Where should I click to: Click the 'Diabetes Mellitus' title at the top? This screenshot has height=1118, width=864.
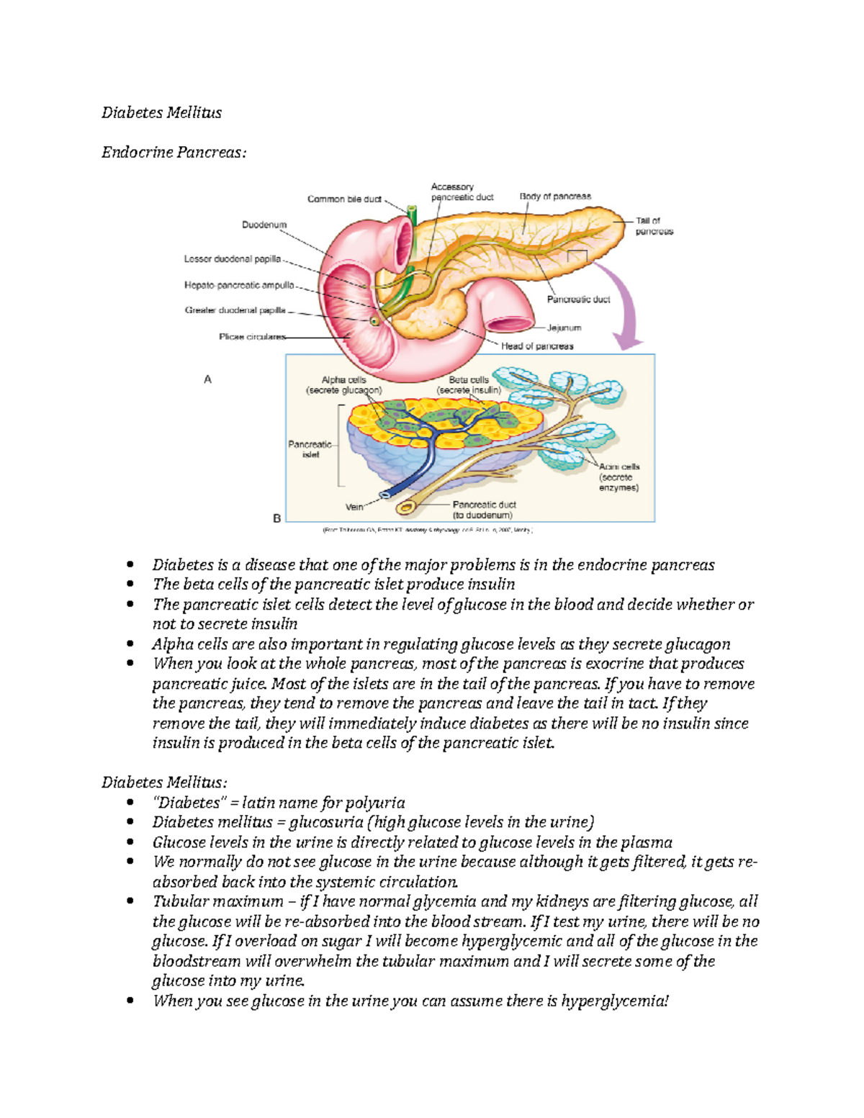click(x=161, y=112)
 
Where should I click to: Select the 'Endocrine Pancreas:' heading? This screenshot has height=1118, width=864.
click(x=174, y=152)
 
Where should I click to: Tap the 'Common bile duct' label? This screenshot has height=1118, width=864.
click(x=344, y=199)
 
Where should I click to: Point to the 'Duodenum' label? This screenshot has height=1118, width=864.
click(x=264, y=225)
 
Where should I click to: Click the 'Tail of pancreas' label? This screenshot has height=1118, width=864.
click(x=654, y=226)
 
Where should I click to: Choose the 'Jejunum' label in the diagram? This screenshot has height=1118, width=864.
click(x=564, y=328)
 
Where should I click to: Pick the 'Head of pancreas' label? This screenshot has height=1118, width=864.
click(x=537, y=346)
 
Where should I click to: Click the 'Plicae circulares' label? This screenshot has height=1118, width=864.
click(x=252, y=336)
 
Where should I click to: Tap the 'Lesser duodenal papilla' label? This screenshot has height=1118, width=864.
click(x=232, y=258)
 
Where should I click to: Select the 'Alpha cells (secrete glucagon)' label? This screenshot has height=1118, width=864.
click(x=343, y=385)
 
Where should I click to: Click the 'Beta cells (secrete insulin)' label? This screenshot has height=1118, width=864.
click(x=469, y=385)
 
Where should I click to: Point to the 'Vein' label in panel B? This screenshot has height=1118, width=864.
click(x=354, y=507)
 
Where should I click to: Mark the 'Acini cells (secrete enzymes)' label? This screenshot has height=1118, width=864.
click(x=618, y=477)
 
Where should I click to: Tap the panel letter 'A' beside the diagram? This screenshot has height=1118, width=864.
click(x=208, y=379)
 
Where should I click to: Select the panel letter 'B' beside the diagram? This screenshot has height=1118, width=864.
click(x=276, y=518)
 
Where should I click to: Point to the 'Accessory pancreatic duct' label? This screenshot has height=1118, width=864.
click(x=462, y=191)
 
